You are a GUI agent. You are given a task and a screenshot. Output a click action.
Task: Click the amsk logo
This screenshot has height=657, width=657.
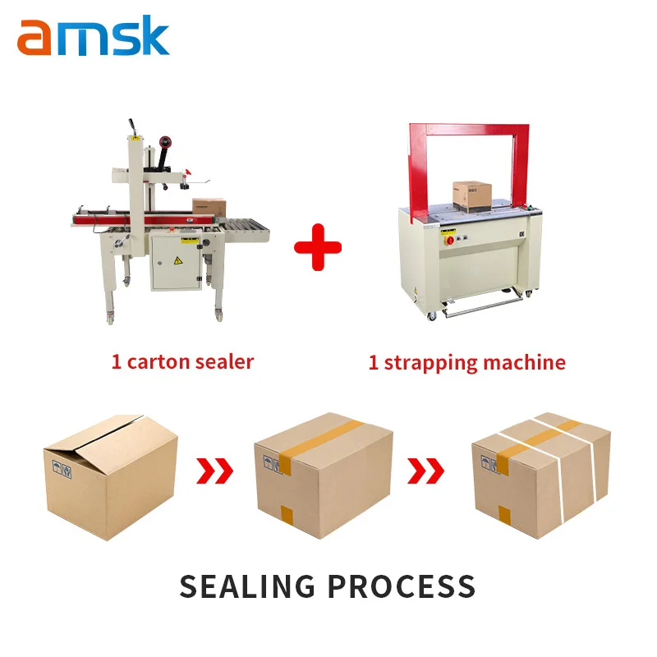click(x=93, y=37)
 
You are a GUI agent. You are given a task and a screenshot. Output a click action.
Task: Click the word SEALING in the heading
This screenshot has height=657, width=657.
click(x=246, y=586)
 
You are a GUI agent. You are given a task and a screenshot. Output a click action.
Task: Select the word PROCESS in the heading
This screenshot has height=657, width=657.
click(x=402, y=586)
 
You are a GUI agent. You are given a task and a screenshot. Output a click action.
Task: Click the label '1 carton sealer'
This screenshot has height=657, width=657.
click(x=182, y=361)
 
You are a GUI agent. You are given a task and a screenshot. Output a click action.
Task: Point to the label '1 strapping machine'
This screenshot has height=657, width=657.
click(x=466, y=362)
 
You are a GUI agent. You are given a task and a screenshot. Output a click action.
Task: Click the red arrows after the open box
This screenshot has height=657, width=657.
click(x=216, y=471)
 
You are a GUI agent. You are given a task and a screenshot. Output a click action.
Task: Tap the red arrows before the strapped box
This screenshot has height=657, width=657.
click(x=427, y=471)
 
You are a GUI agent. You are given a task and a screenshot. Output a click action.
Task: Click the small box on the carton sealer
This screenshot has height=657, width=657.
click(x=209, y=207)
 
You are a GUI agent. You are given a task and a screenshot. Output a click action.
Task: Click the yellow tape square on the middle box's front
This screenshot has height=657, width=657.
click(x=287, y=516)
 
